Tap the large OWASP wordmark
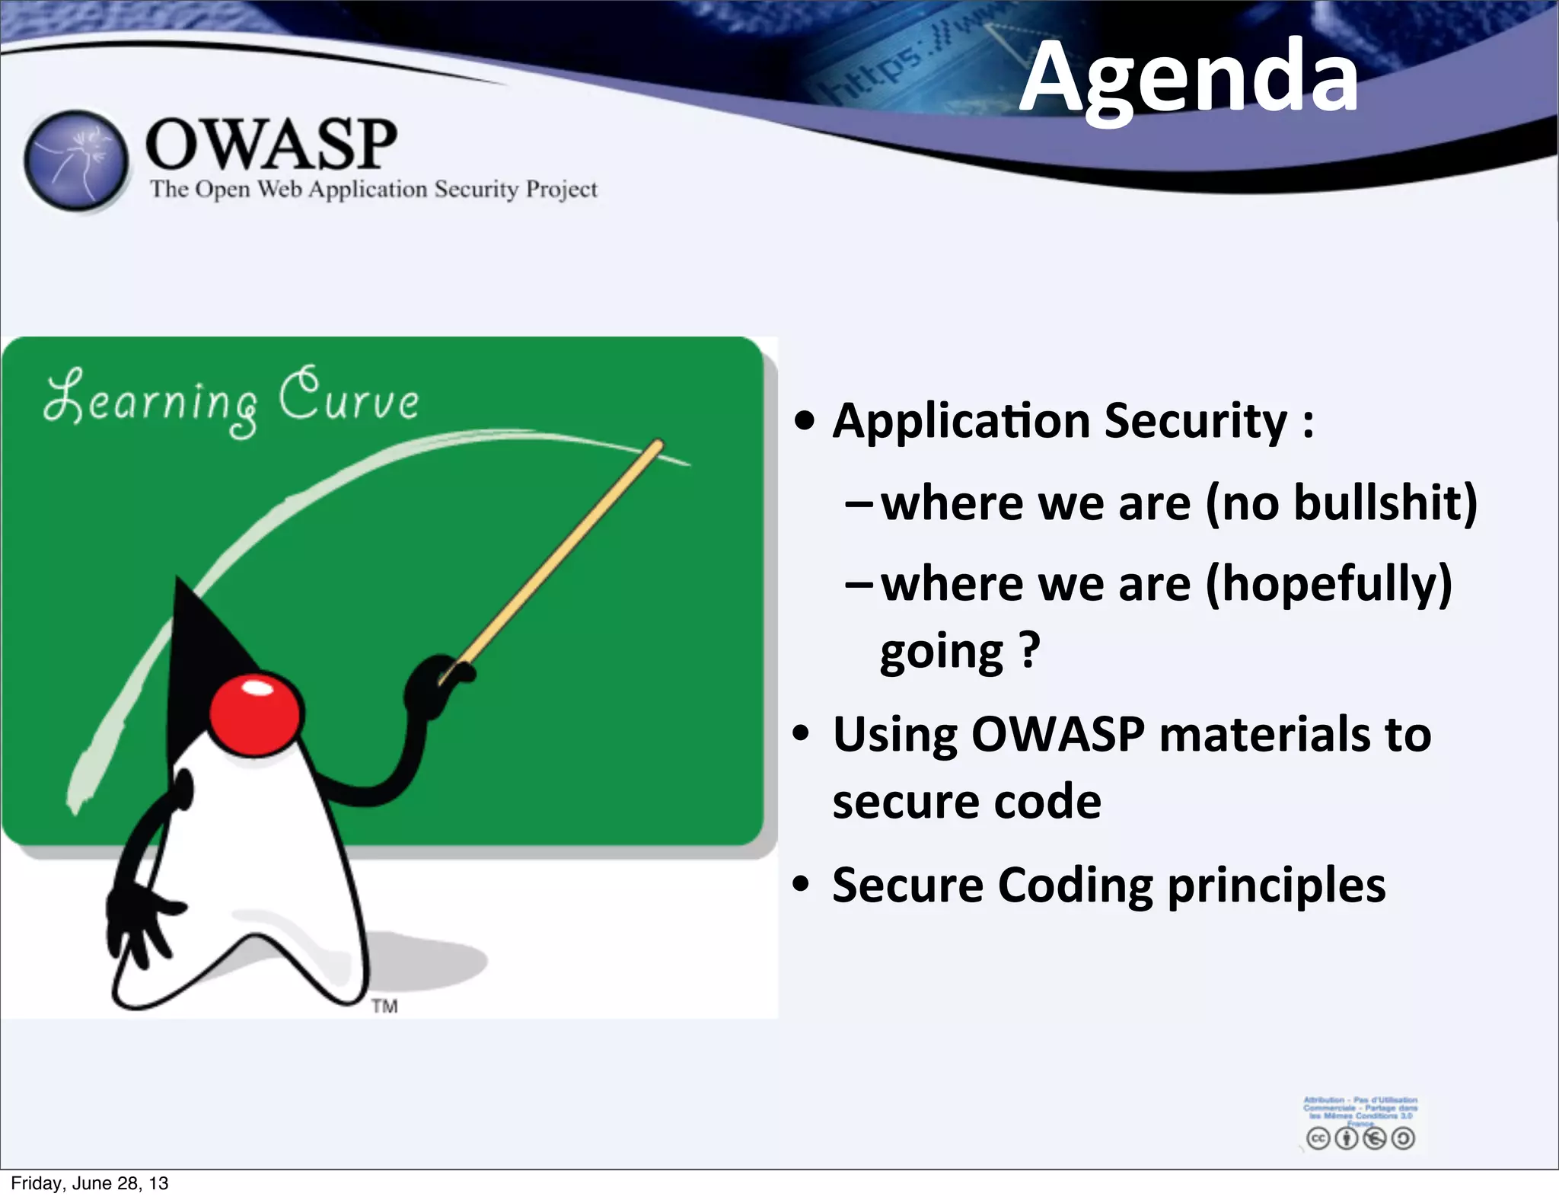270,144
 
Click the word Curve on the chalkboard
349,395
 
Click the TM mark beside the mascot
384,1007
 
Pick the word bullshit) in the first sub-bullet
1385,503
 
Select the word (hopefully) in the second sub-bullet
1328,584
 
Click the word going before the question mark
941,653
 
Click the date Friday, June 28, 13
90,1183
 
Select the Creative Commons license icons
1360,1138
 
